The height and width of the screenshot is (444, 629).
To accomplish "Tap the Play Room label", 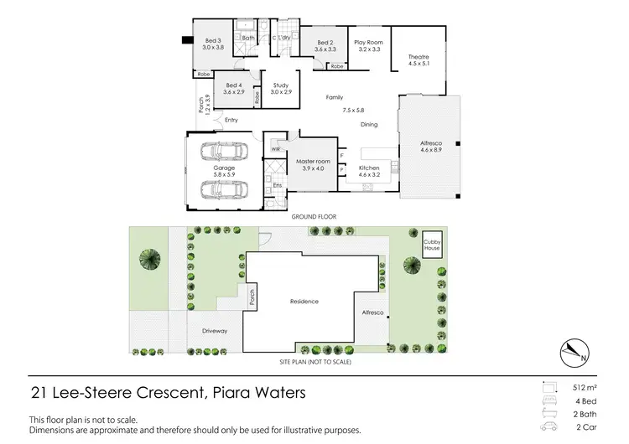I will [x=368, y=45].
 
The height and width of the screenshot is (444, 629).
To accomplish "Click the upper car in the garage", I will [x=222, y=154].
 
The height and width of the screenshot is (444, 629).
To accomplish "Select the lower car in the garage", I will [x=222, y=189].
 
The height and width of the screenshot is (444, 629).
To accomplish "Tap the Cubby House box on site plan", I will [x=431, y=244].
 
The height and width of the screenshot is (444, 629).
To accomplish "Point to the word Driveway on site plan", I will [x=215, y=331].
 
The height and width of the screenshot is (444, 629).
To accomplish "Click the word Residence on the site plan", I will [x=304, y=301].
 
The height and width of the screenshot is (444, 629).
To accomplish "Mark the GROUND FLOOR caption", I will [x=314, y=216].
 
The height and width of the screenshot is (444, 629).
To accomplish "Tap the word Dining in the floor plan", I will [x=369, y=124].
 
